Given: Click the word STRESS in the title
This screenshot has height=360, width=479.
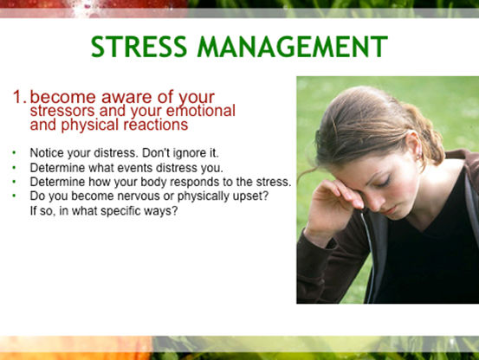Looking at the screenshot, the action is pyautogui.click(x=139, y=47).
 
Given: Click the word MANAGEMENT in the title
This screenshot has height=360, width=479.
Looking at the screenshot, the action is pyautogui.click(x=293, y=47).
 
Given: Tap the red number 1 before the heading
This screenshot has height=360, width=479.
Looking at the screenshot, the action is pyautogui.click(x=19, y=97).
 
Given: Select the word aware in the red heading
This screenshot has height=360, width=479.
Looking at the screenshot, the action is pyautogui.click(x=126, y=98).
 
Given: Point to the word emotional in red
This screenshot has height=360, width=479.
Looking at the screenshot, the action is pyautogui.click(x=200, y=111).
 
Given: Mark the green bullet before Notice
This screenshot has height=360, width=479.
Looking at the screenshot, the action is pyautogui.click(x=14, y=152).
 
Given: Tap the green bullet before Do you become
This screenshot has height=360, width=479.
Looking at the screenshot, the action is pyautogui.click(x=14, y=196).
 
